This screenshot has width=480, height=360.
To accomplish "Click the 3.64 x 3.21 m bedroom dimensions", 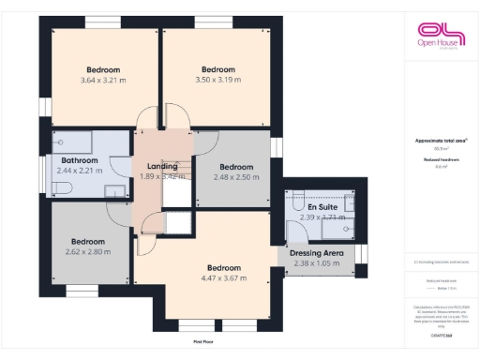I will click(103, 81).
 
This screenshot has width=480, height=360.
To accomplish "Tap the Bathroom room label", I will click(78, 161).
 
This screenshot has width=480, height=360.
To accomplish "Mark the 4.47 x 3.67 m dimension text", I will click(224, 277).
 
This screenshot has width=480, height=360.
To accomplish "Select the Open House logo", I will click(440, 37).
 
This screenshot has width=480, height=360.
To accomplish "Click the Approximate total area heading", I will click(440, 141).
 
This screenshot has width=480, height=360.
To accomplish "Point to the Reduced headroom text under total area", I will click(440, 160).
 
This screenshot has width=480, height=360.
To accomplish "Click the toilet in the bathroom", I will click(58, 187).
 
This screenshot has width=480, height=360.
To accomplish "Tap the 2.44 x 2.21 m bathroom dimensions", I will click(78, 172).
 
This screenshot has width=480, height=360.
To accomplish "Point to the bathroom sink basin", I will click(114, 191).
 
